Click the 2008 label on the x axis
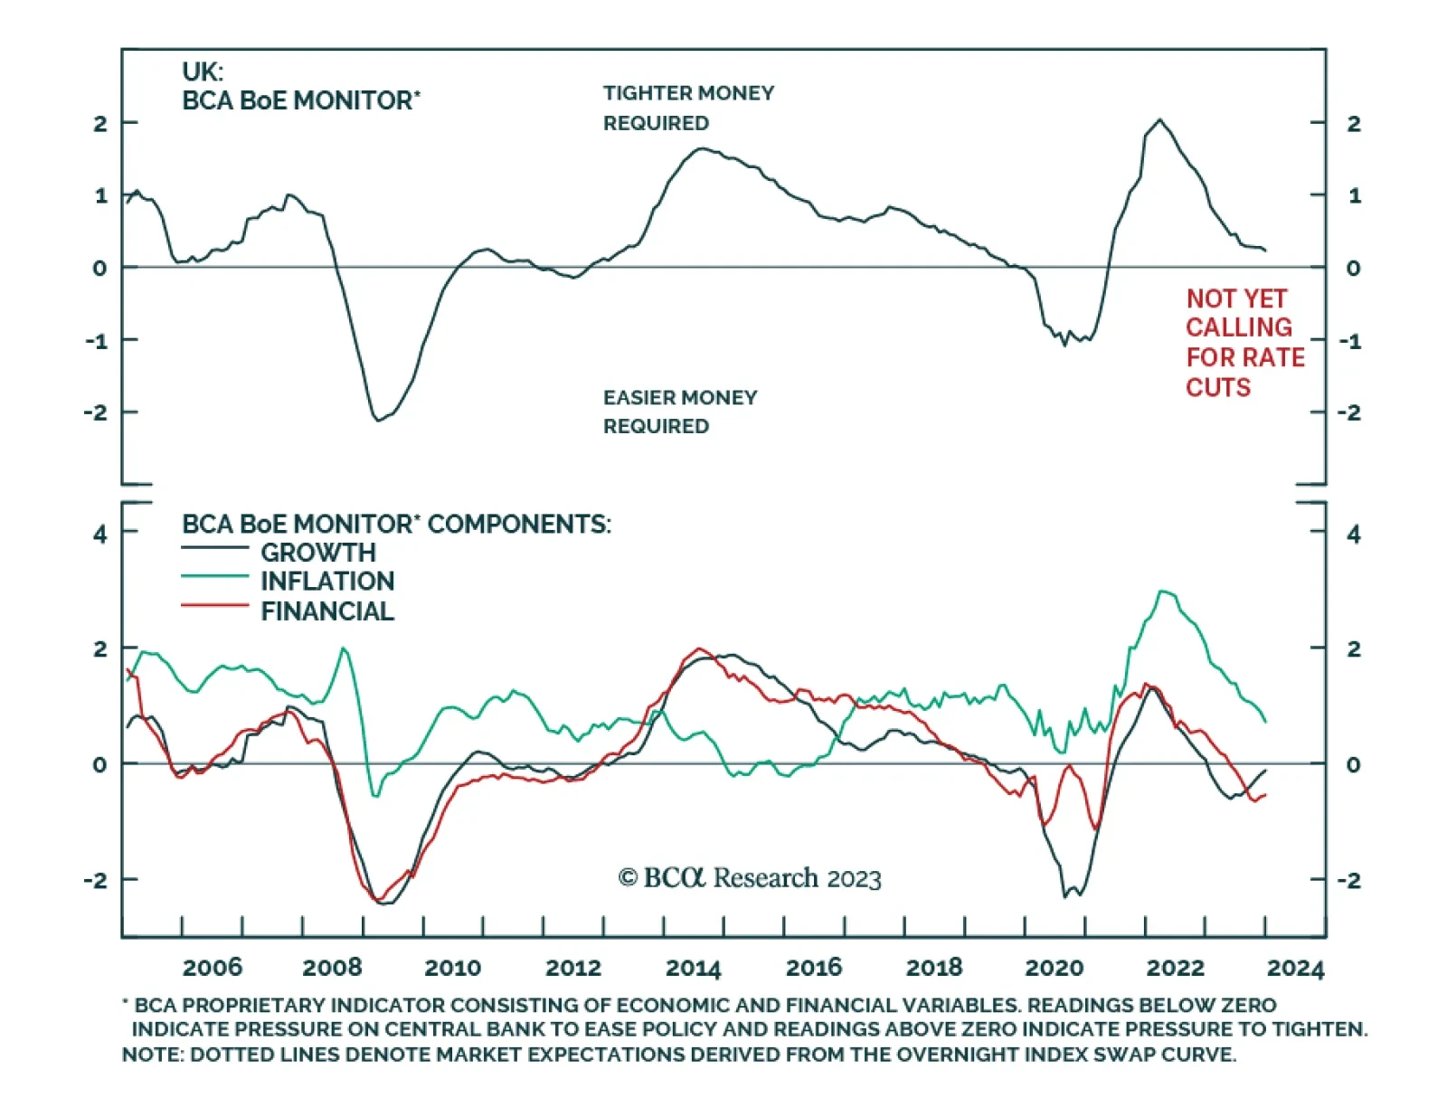tap(332, 968)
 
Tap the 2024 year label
tap(1295, 968)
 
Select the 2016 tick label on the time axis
tap(813, 968)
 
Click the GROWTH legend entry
tap(317, 553)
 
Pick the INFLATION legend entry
tap(327, 582)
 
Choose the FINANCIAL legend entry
tap(327, 611)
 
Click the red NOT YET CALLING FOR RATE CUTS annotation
tap(1244, 343)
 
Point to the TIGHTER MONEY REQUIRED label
tap(688, 108)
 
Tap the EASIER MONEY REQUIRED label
tap(680, 412)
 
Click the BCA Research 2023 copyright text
tap(750, 878)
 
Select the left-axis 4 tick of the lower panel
tap(99, 535)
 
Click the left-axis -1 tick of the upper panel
tap(97, 341)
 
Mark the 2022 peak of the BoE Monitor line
tap(1160, 119)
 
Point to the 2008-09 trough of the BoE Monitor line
tap(377, 421)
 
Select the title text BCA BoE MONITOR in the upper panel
tap(298, 100)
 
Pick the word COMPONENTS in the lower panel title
tap(518, 525)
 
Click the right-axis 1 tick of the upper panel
tap(1354, 196)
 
